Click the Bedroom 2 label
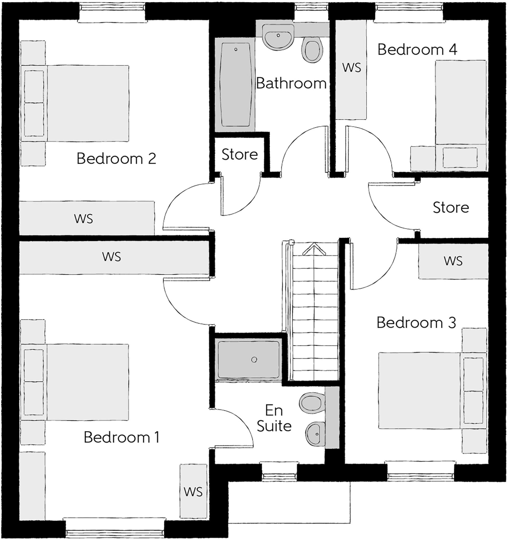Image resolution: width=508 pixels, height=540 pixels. (x=116, y=159)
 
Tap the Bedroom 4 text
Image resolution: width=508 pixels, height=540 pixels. (x=417, y=50)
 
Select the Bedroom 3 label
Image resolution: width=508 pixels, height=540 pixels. (x=416, y=323)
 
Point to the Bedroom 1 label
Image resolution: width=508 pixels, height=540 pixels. (x=121, y=437)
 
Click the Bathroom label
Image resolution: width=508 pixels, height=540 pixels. (x=291, y=83)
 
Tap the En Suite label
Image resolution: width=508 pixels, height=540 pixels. (x=274, y=419)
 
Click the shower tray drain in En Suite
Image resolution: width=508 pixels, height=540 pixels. (x=254, y=360)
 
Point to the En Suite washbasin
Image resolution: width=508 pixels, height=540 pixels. (x=316, y=434)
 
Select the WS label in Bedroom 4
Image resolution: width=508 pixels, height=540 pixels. (x=352, y=67)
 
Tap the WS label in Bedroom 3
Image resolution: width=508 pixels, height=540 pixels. (x=453, y=261)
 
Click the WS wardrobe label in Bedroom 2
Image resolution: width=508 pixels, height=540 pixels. (x=84, y=219)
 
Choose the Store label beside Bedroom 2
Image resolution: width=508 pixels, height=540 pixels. (x=239, y=155)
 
